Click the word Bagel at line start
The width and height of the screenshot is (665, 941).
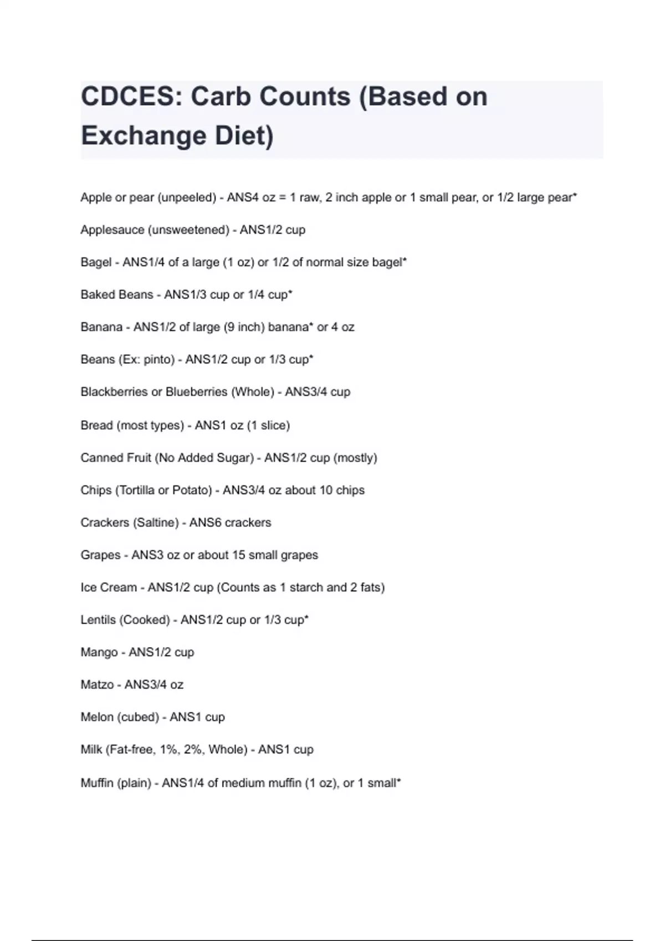96,262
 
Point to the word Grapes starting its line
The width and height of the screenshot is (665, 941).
100,555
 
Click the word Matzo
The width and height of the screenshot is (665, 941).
97,685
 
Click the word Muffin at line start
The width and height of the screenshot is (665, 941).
97,783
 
